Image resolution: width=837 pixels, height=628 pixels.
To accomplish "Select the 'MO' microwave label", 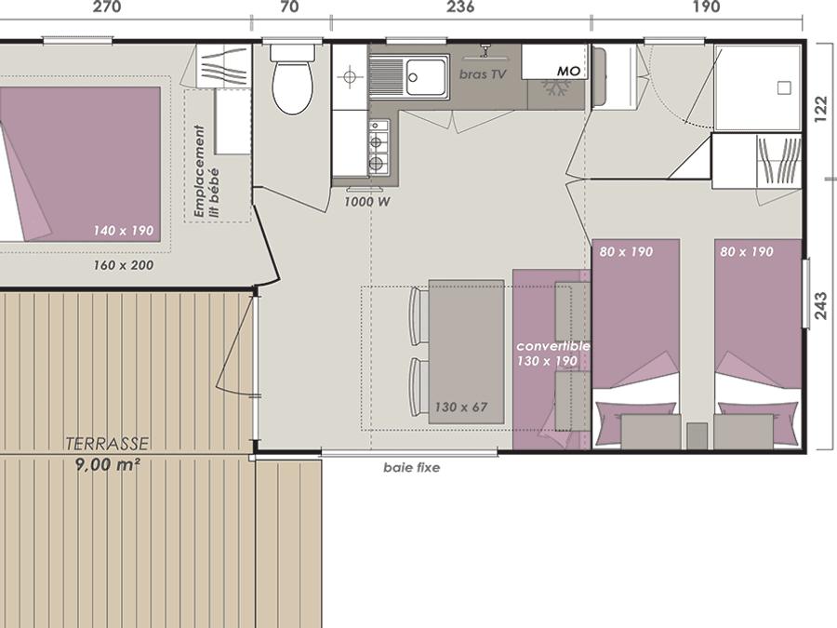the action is point(568,71).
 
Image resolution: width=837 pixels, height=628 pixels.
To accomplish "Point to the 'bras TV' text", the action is point(483,74).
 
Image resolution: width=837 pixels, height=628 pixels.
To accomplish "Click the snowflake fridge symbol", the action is point(555,87).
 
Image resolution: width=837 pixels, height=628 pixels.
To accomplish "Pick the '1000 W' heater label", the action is point(366,202).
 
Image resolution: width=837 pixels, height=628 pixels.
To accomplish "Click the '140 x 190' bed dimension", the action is point(124,231).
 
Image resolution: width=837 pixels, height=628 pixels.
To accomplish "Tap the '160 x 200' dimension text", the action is point(124,265).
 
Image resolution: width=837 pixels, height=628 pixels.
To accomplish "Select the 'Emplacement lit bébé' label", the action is point(206,171).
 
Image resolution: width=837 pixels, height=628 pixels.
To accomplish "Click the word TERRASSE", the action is point(107,444).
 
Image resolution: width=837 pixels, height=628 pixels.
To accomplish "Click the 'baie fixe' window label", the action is point(412,468).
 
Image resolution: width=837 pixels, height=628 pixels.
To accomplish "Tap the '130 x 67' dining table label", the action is point(460,408).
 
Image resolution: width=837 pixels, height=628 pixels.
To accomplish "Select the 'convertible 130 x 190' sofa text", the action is point(552,354).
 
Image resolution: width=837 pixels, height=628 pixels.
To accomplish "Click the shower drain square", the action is point(784,87).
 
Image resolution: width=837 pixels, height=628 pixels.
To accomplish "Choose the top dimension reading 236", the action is point(460,7).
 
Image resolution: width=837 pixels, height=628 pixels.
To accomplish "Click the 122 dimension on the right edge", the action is point(821,109).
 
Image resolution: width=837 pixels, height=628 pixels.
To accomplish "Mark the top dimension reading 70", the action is point(289,7).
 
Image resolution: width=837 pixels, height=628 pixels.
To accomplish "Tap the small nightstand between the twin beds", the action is point(697,435).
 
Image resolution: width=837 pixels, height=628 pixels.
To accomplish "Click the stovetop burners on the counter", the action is point(379,147).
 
